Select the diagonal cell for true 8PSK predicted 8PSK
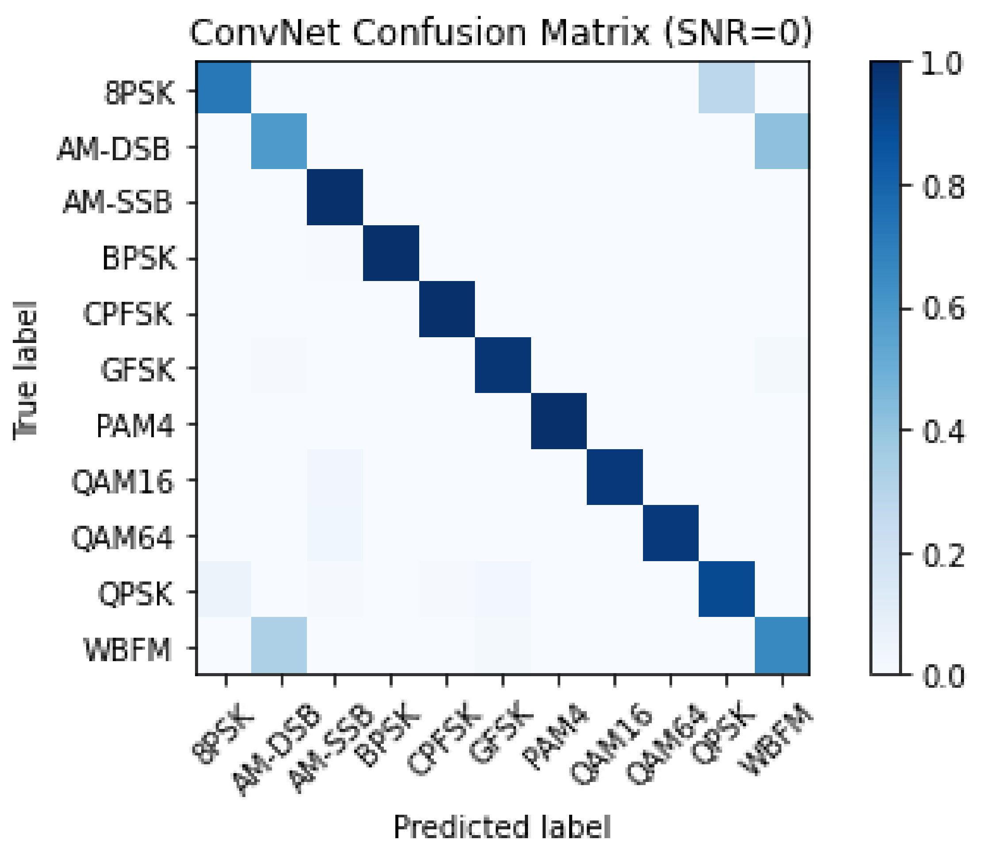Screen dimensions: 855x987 pyautogui.click(x=224, y=88)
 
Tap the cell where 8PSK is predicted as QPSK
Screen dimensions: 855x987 pyautogui.click(x=727, y=88)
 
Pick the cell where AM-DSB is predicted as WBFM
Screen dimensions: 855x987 pyautogui.click(x=782, y=142)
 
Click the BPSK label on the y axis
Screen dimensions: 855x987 pyautogui.click(x=139, y=259)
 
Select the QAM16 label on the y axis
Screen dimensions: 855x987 pyautogui.click(x=122, y=482)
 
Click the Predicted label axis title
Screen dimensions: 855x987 pyautogui.click(x=501, y=827)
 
